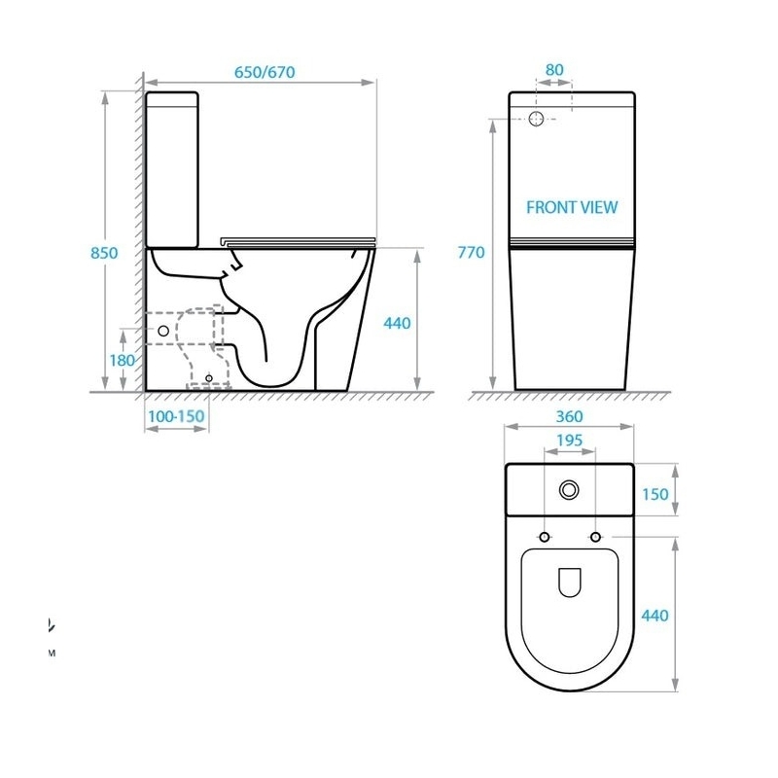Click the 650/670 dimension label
click(x=265, y=72)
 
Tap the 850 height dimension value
click(x=104, y=253)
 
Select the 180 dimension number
click(x=123, y=360)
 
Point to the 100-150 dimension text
click(x=176, y=416)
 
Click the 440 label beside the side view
click(x=397, y=324)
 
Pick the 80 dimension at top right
click(x=554, y=70)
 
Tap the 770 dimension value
click(x=471, y=253)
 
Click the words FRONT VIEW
click(x=572, y=207)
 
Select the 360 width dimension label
click(x=569, y=416)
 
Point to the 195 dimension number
click(x=569, y=441)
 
